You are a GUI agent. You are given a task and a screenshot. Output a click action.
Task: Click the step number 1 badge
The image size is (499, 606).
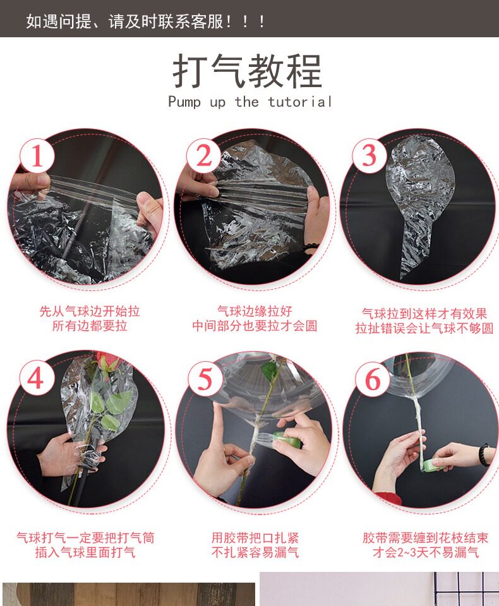point(37,156)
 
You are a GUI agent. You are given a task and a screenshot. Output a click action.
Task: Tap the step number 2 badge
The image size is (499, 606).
point(204,156)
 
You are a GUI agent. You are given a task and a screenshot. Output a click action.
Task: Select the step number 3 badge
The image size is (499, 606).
point(369,156)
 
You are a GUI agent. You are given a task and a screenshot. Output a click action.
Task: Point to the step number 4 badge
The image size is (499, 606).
point(36,378)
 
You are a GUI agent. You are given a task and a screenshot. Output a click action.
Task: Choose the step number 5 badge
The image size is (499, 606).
point(205,379)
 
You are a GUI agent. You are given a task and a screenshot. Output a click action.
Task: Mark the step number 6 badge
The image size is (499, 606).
point(372,379)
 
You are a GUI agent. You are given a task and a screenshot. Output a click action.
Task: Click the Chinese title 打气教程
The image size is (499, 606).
point(248,71)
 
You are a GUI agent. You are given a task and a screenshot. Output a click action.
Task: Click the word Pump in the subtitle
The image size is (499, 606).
point(184,102)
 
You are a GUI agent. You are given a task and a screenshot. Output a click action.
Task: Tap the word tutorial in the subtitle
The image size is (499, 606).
point(300,102)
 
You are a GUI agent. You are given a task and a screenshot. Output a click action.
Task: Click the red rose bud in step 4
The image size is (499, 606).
point(107,360)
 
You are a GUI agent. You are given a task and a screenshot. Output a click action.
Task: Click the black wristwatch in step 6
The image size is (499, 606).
point(484,455)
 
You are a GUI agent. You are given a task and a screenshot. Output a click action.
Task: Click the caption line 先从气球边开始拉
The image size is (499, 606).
point(89,311)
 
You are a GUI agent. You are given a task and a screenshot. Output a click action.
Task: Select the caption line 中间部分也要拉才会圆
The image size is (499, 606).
point(255,326)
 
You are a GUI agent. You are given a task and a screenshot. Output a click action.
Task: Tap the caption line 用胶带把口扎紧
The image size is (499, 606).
point(255,538)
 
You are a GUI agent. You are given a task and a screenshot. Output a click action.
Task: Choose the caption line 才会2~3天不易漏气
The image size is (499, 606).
point(426,552)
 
